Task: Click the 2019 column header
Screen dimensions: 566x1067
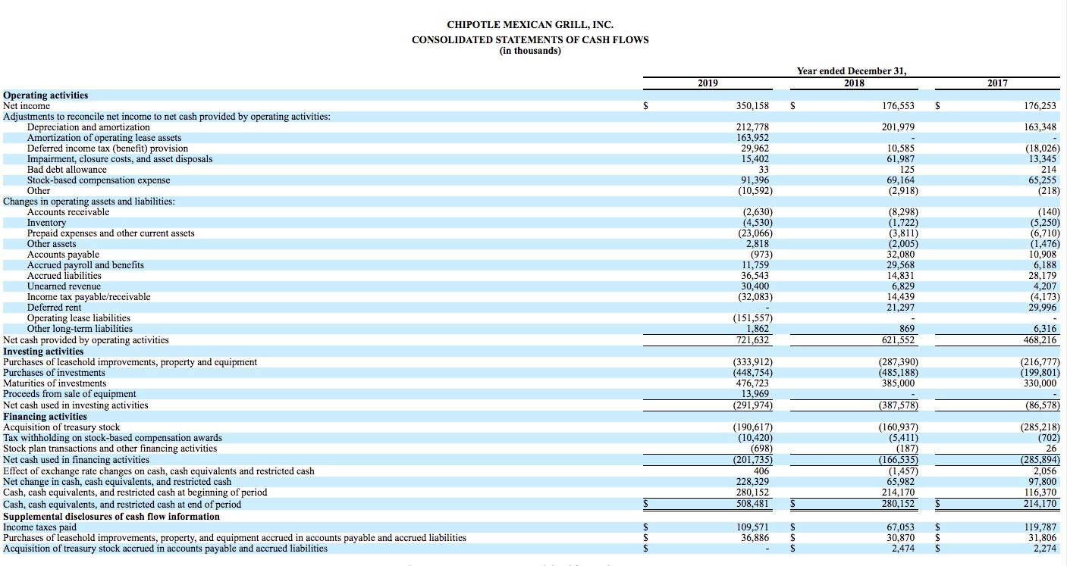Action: tap(708, 83)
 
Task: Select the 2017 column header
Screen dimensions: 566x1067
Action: tap(997, 83)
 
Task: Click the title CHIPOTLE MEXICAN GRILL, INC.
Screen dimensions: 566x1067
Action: tap(530, 25)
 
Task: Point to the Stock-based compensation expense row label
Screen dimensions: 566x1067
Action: tap(99, 180)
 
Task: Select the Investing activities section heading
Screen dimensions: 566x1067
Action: tap(43, 352)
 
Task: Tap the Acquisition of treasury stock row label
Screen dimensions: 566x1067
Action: tap(61, 427)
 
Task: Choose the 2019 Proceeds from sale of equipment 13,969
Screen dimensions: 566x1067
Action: tap(755, 394)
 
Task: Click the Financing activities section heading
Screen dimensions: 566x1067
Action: tap(45, 417)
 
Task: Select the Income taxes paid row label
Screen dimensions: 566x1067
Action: tap(40, 527)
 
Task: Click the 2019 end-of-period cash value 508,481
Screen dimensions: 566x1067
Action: tap(752, 505)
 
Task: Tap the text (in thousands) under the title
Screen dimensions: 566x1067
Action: tap(530, 51)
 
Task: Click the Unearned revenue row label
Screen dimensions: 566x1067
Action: tap(64, 286)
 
